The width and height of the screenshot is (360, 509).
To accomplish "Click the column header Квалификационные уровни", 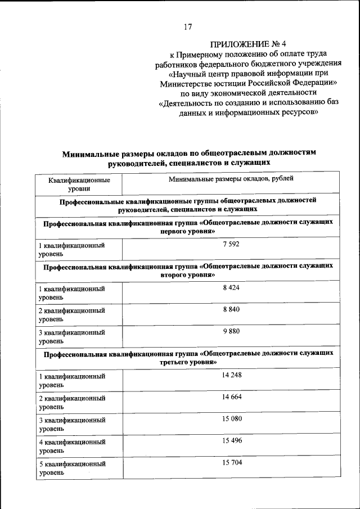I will pyautogui.click(x=79, y=185).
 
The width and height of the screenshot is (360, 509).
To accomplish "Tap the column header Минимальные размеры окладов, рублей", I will pyautogui.click(x=231, y=180).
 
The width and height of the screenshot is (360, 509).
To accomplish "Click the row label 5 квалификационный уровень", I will pyautogui.click(x=72, y=469).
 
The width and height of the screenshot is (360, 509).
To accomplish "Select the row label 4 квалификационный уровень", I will pyautogui.click(x=72, y=447).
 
